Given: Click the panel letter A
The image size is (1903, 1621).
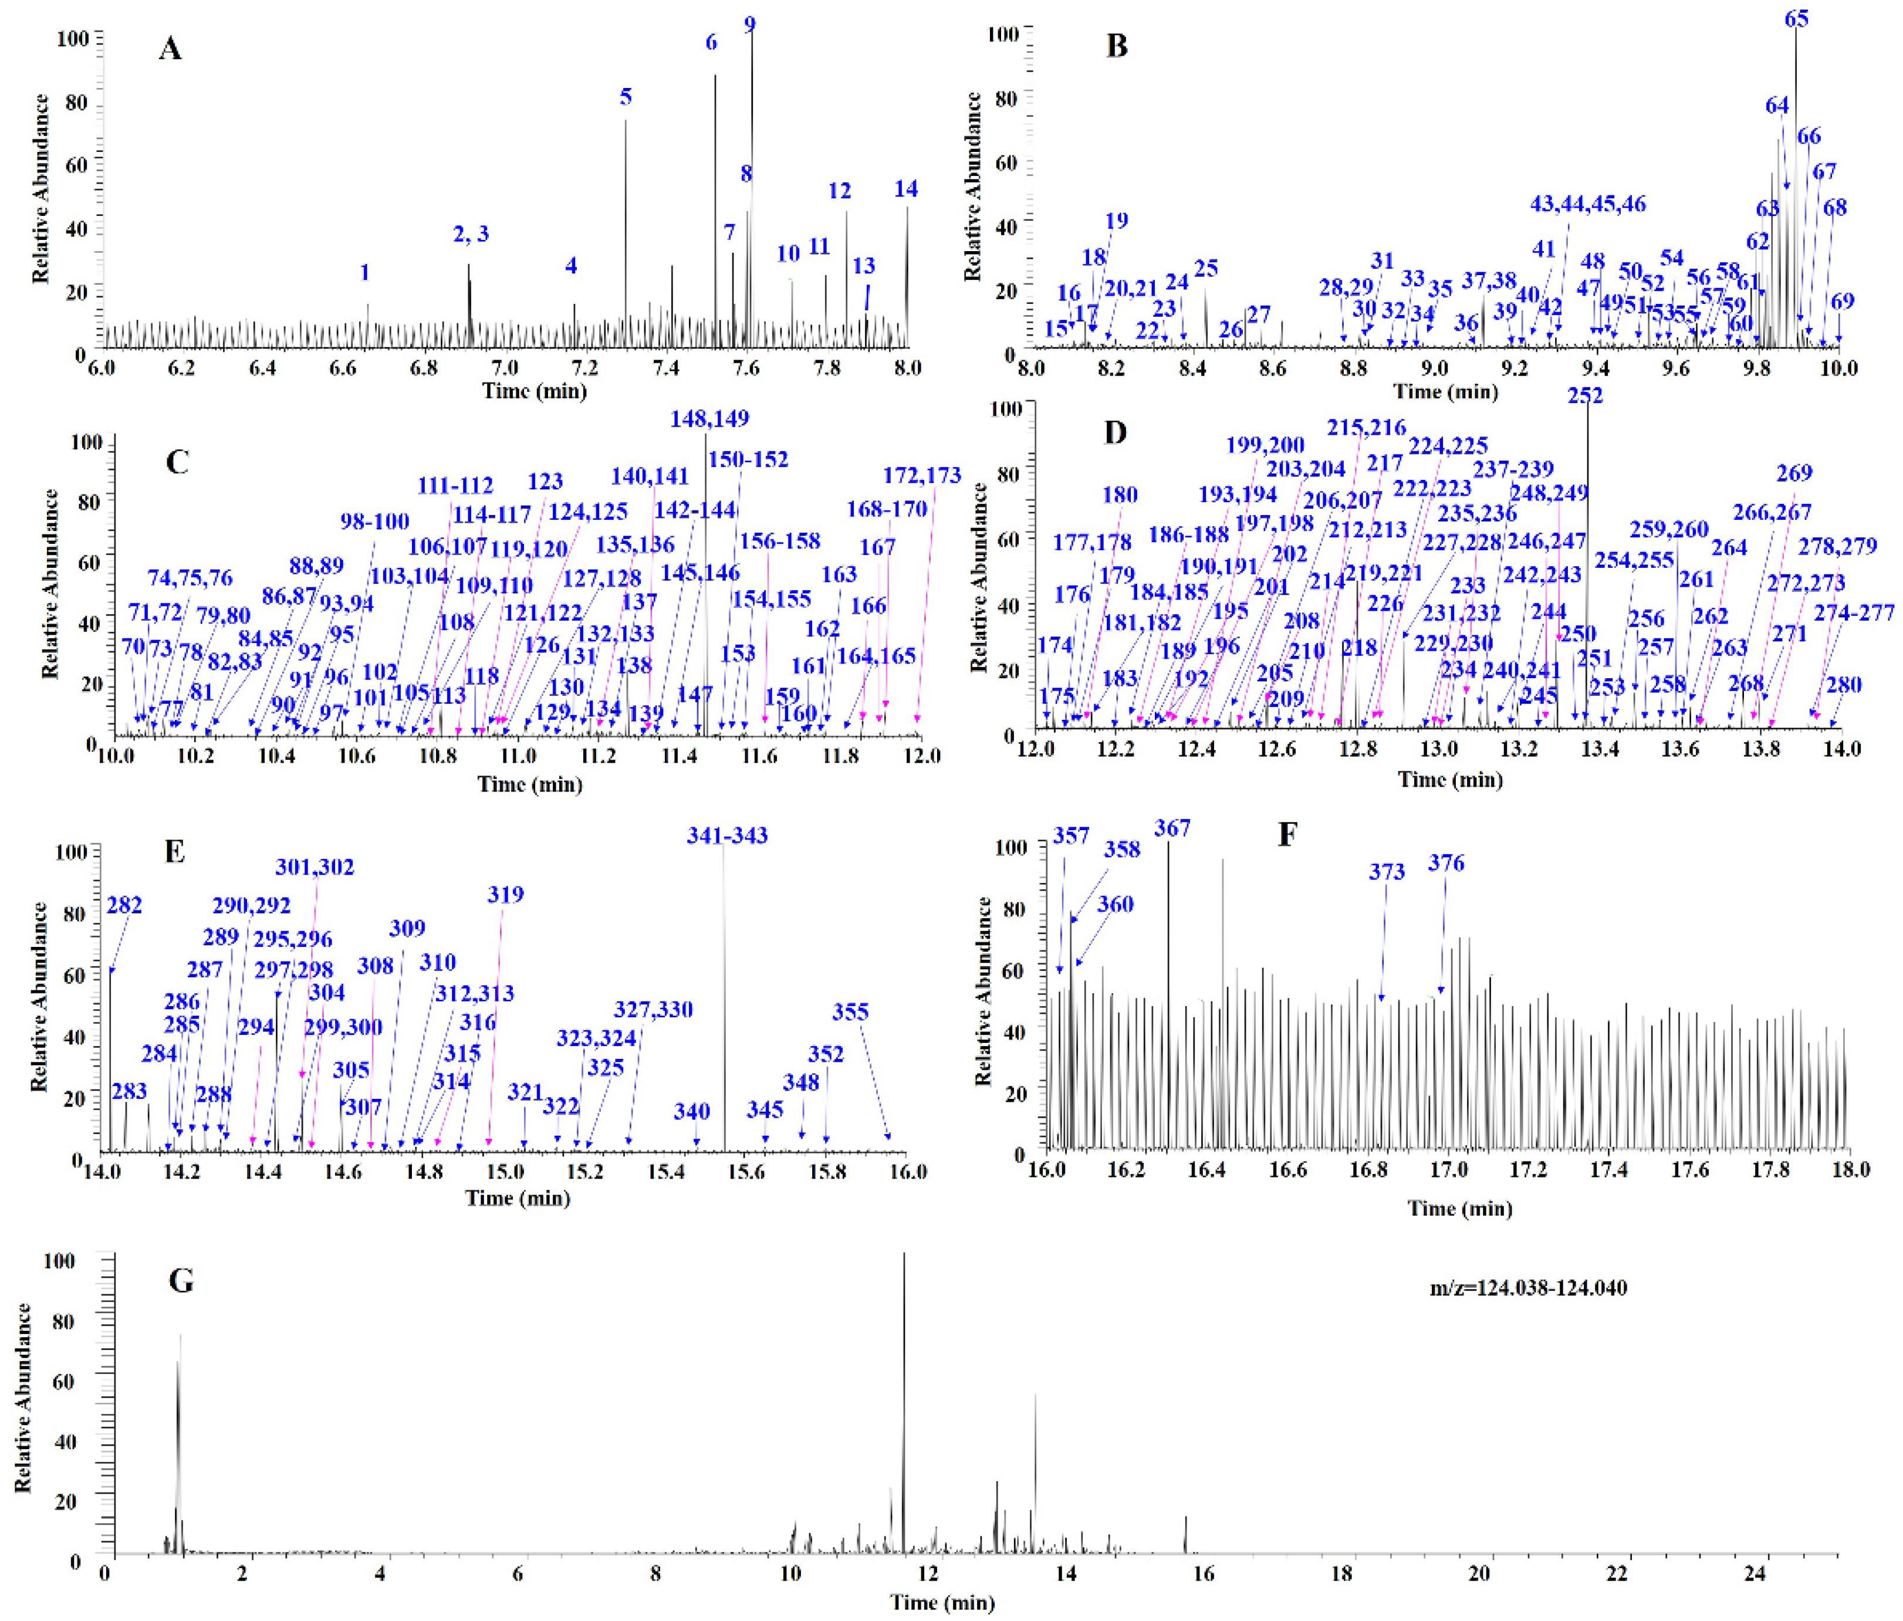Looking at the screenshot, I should [x=170, y=48].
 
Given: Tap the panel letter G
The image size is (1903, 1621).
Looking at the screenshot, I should [x=181, y=1280].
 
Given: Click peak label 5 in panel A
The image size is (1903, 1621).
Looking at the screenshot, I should [x=626, y=96].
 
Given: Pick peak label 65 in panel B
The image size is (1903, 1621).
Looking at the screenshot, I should [x=1796, y=18].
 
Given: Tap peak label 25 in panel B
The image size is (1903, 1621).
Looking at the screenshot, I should [x=1206, y=268].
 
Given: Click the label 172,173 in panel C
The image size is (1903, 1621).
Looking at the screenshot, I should [x=922, y=475].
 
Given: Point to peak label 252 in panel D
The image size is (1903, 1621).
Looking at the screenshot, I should [x=1585, y=395].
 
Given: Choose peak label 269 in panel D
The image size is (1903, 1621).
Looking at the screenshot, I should [x=1794, y=473].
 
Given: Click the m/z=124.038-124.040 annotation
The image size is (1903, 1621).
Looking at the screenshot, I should [x=1528, y=1288].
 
